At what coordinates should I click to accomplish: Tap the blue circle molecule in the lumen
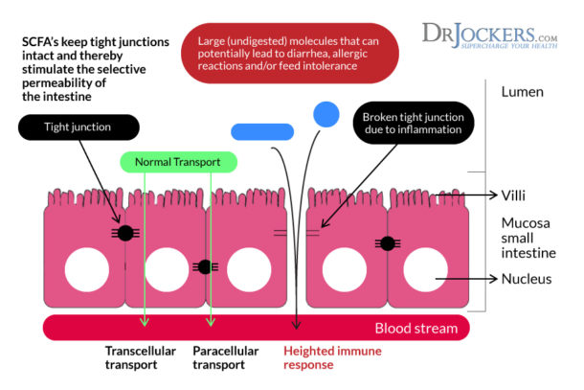[326, 114]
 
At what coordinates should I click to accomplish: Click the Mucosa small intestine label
[528, 238]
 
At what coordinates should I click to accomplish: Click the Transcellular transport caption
[141, 357]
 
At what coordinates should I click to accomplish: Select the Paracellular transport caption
[226, 357]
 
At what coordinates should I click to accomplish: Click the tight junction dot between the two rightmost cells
[388, 243]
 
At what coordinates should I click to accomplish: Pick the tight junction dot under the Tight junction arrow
[124, 232]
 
